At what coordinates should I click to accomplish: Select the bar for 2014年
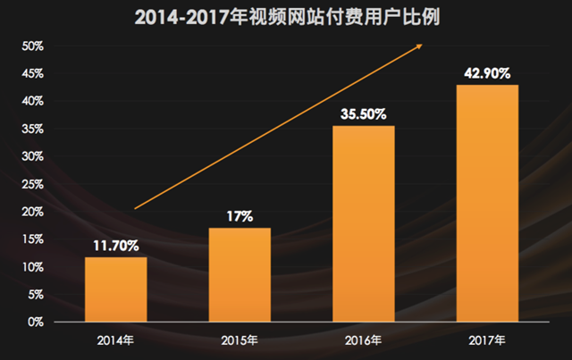click(116, 289)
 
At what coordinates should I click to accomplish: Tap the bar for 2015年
click(240, 274)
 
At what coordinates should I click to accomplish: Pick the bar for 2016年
click(363, 223)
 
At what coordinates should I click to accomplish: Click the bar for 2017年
click(487, 203)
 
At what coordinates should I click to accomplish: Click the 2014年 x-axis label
click(116, 340)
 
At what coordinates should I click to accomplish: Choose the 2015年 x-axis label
click(240, 340)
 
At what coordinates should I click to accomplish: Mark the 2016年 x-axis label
click(363, 340)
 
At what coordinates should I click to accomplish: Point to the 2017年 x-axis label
click(487, 340)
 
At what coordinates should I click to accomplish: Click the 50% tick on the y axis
click(32, 46)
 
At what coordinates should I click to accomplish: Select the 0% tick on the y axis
click(36, 322)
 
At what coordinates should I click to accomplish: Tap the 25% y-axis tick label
click(32, 184)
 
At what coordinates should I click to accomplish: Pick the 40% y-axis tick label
click(32, 102)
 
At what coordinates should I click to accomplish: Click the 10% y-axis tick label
click(32, 267)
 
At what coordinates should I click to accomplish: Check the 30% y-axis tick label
click(32, 156)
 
